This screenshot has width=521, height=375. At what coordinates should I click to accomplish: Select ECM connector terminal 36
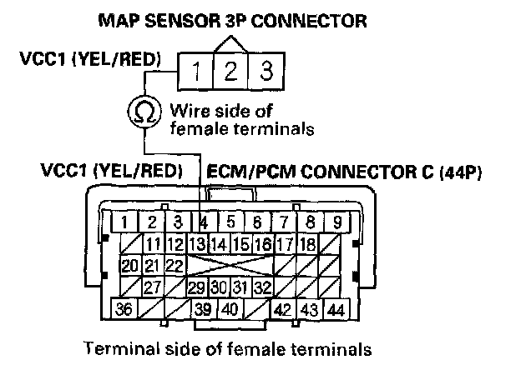(x=124, y=309)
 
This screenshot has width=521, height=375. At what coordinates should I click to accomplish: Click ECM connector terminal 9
(x=336, y=222)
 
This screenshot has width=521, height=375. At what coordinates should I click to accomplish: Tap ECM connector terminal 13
(x=197, y=244)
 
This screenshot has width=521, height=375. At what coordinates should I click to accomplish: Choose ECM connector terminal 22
(x=175, y=266)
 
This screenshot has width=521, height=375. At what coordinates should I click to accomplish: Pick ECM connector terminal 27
(x=152, y=287)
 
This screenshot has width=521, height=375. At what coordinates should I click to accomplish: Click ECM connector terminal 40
(x=230, y=309)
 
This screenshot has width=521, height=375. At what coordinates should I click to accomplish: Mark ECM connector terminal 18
(x=306, y=244)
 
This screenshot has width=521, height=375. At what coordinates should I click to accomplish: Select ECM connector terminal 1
(x=124, y=222)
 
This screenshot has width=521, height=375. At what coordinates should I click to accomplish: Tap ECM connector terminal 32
(x=262, y=287)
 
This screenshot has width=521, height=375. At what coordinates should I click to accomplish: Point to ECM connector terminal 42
(x=284, y=309)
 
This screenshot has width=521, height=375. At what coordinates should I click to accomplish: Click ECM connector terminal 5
(x=230, y=222)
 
